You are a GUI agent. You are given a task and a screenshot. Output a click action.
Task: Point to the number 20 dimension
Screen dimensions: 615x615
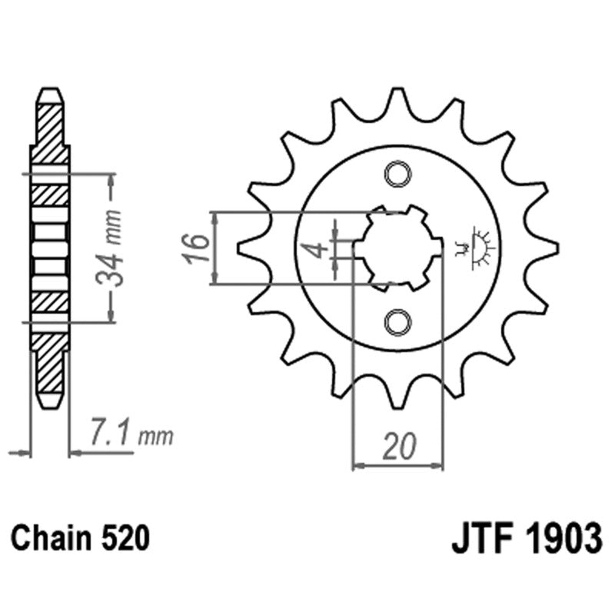coord(398,446)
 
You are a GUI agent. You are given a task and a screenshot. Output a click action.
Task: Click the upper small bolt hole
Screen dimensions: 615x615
coord(398,175)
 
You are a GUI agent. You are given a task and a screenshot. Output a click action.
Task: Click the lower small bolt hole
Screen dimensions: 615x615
coord(398,321)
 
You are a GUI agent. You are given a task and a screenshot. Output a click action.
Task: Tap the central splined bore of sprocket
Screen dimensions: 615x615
coord(398,248)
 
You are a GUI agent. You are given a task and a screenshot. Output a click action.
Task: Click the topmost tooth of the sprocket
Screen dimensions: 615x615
coord(398,100)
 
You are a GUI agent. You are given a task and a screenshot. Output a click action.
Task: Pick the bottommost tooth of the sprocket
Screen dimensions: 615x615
coord(398,396)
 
